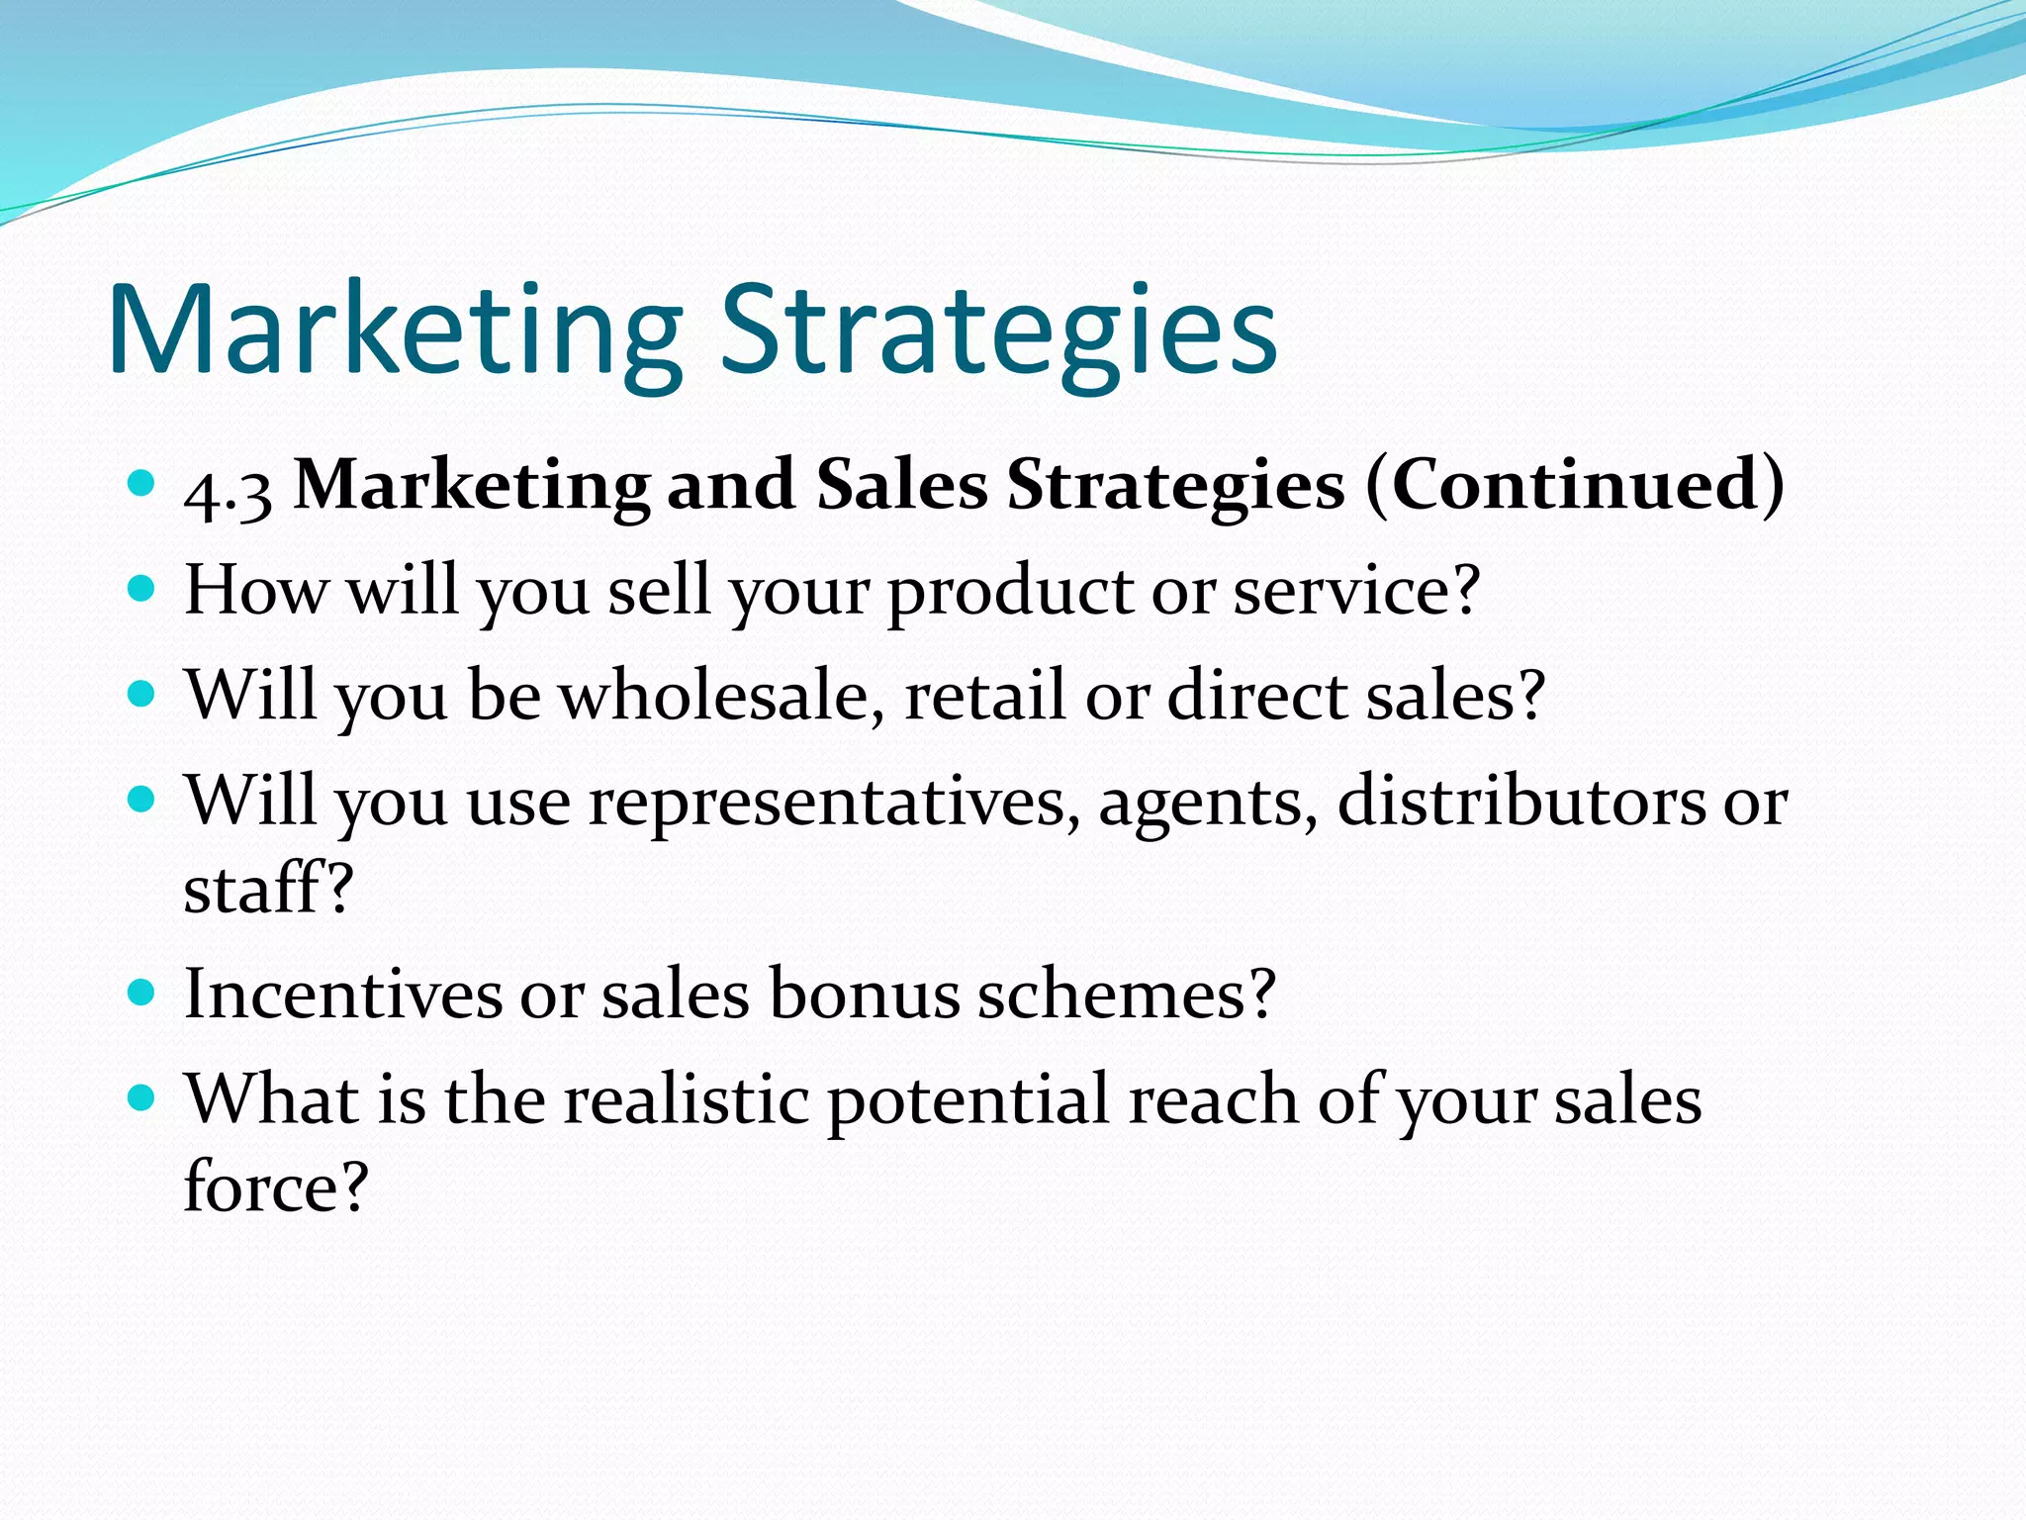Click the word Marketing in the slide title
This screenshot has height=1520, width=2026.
(x=395, y=332)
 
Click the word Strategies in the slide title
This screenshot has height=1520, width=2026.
(x=998, y=332)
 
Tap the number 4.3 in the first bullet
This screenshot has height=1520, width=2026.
(x=228, y=491)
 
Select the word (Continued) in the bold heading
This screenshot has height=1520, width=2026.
(x=1575, y=485)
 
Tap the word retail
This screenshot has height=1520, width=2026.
(x=985, y=696)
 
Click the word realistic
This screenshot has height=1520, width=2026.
(x=686, y=1099)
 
